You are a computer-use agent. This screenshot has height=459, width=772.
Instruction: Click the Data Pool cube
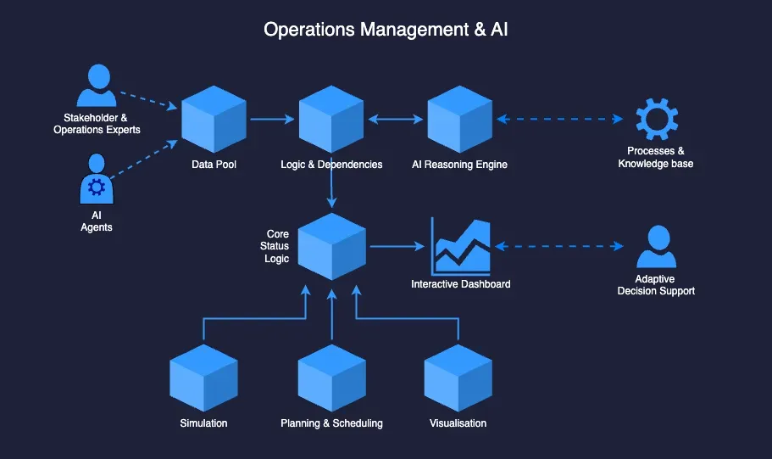(x=214, y=120)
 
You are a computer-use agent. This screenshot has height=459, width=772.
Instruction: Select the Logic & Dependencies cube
(x=331, y=120)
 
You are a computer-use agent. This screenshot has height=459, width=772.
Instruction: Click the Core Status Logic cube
(x=331, y=246)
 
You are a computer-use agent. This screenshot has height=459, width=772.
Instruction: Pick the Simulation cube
(x=203, y=378)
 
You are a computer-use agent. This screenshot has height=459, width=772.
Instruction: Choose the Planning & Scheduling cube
(x=331, y=378)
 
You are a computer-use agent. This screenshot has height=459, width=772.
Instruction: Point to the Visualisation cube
(x=458, y=378)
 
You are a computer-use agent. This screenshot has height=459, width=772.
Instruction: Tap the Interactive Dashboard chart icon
(x=462, y=246)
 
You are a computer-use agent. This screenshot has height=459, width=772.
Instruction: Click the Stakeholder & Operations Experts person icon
(x=97, y=86)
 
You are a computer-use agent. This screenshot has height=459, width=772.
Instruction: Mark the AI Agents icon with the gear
(x=97, y=180)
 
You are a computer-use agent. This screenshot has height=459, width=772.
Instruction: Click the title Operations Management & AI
(x=386, y=30)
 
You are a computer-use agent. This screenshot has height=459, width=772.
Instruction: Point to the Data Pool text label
(x=214, y=164)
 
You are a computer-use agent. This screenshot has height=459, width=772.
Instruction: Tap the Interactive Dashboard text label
(x=461, y=284)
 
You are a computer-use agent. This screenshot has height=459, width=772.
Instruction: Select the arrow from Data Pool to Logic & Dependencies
(x=273, y=120)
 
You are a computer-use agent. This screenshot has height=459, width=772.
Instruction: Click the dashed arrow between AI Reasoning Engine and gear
(x=559, y=120)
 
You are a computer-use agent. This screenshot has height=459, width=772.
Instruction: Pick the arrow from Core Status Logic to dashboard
(x=397, y=247)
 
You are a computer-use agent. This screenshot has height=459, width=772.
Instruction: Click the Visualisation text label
(x=458, y=423)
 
